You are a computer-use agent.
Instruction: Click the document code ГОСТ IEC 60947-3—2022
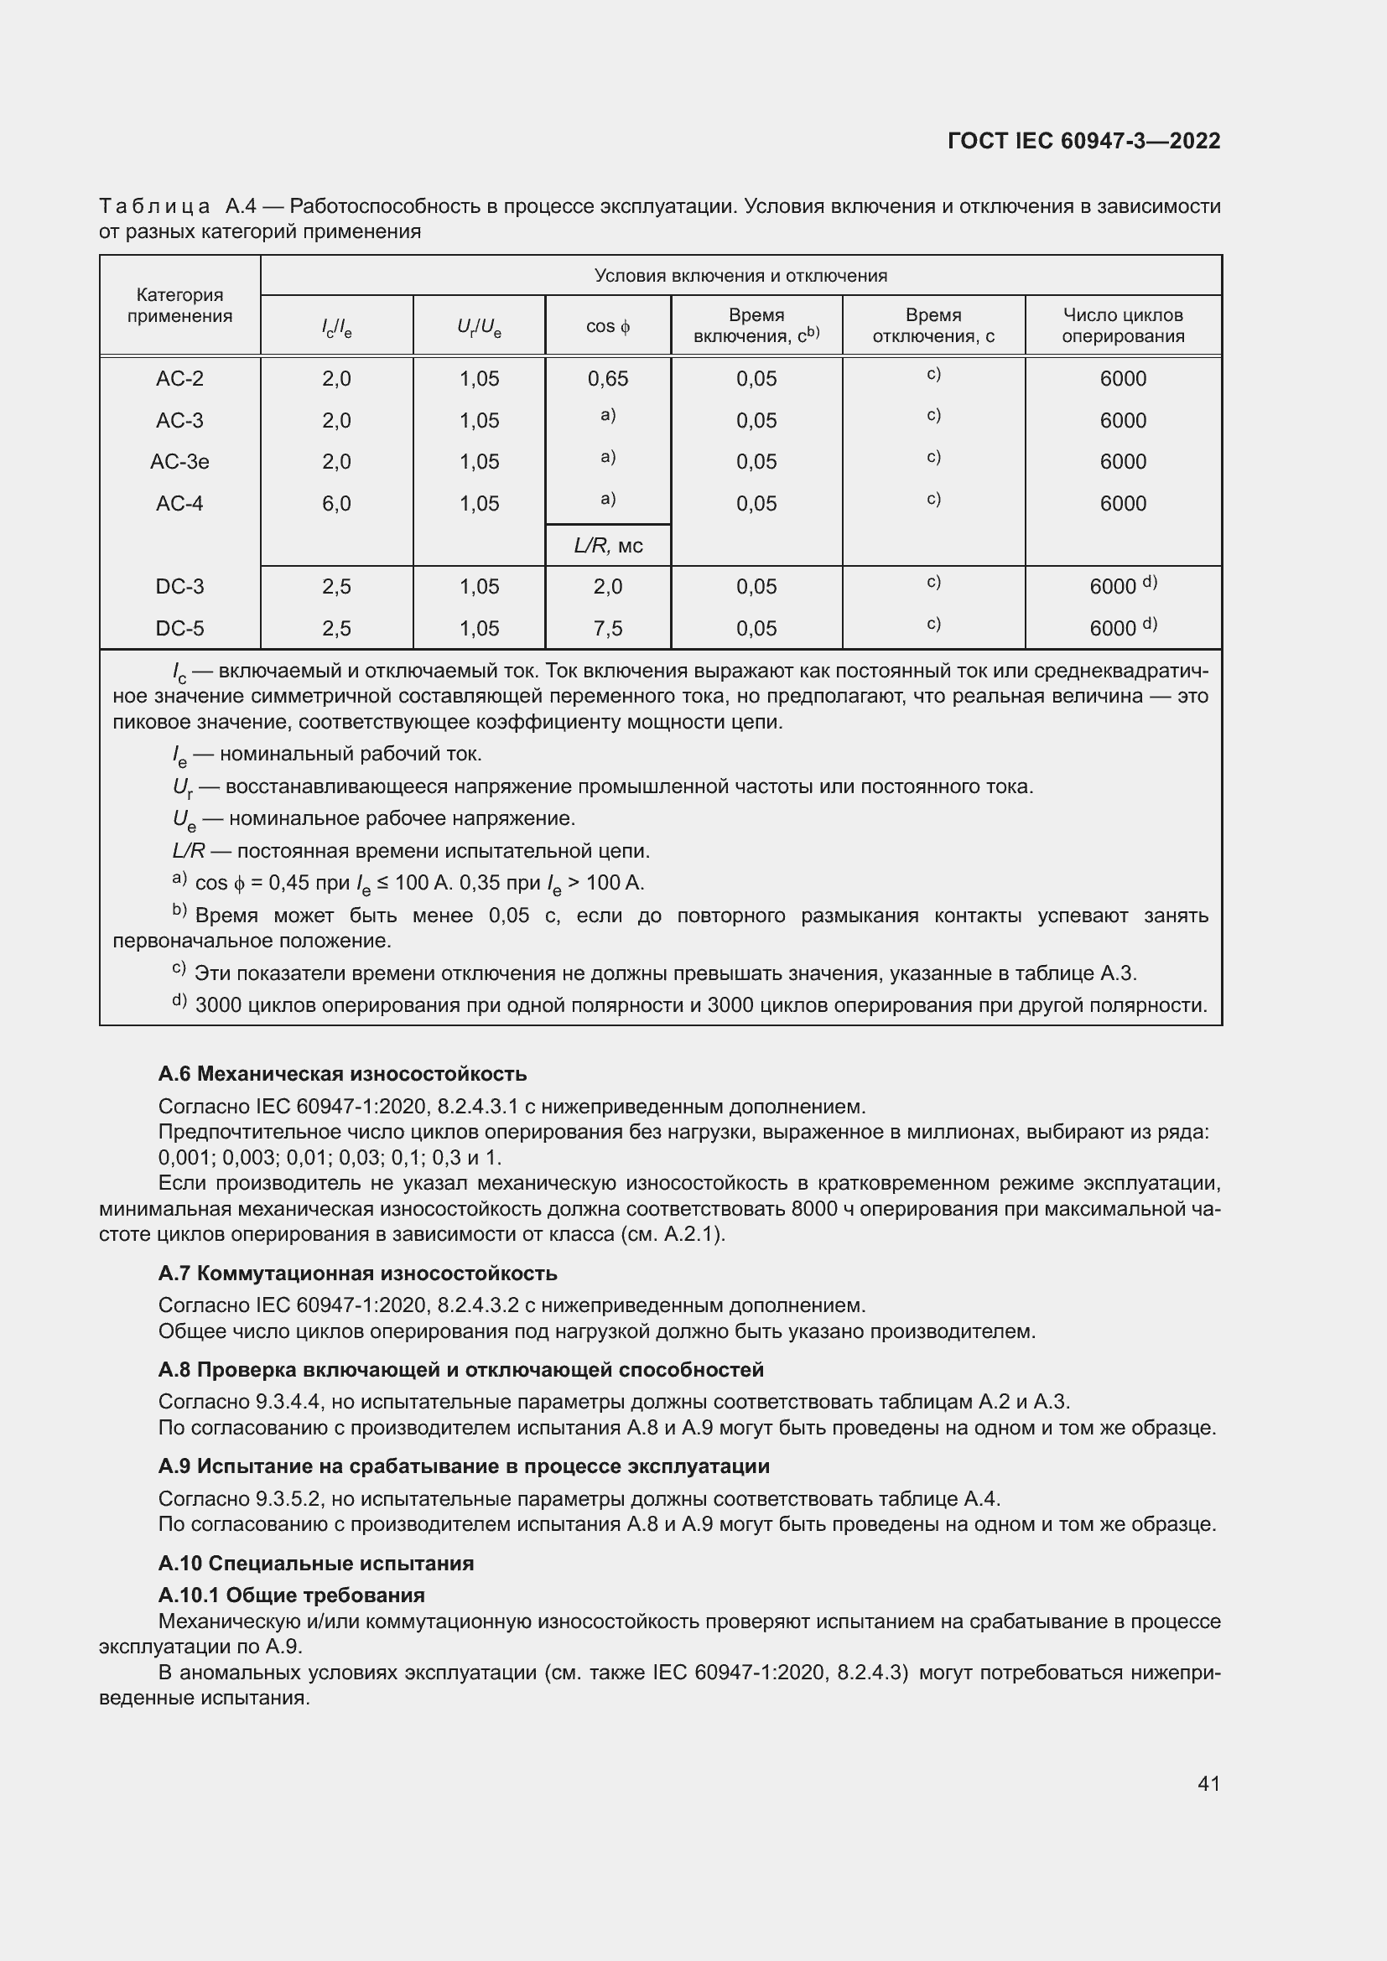point(1083,141)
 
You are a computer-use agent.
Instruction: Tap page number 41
point(1208,1783)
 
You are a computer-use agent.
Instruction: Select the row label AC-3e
point(179,462)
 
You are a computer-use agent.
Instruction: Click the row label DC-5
point(179,629)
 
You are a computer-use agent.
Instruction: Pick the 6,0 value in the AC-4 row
point(336,504)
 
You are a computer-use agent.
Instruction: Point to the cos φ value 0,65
point(607,379)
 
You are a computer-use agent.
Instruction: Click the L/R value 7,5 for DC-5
point(607,629)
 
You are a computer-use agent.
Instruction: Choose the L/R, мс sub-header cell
point(607,546)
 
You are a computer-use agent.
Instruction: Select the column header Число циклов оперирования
point(1122,325)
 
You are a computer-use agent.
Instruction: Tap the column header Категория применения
point(179,305)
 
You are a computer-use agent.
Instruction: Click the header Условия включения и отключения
point(740,276)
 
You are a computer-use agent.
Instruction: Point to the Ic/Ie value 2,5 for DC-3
point(336,587)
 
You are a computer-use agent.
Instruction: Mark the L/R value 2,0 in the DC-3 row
point(607,587)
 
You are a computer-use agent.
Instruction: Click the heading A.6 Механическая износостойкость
point(342,1074)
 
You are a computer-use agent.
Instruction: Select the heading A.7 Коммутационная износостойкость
point(358,1274)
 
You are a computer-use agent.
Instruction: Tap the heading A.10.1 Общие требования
point(291,1595)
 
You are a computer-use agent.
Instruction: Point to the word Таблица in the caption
point(154,207)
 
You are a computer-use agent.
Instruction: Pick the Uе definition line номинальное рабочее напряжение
point(374,819)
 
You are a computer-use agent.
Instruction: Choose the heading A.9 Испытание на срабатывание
point(464,1466)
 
